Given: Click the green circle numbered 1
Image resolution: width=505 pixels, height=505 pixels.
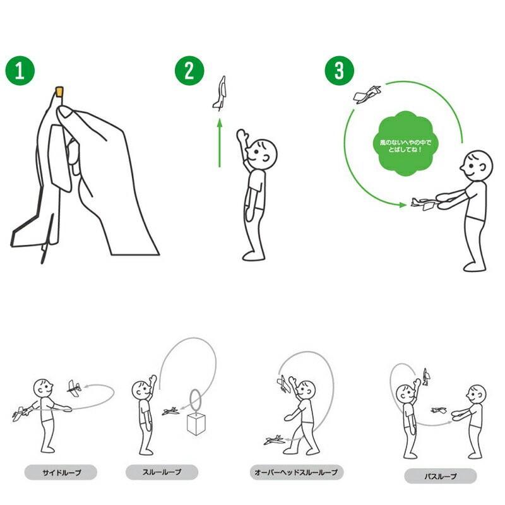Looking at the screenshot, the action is click(x=20, y=71).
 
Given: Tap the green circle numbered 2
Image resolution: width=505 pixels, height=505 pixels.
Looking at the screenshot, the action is click(x=189, y=71).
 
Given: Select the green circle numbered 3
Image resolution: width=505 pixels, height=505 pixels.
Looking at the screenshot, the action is click(x=340, y=71).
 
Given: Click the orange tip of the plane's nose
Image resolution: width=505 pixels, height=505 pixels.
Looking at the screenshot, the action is click(x=59, y=92).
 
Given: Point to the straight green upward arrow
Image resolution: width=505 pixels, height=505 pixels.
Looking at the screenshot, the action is click(x=220, y=143).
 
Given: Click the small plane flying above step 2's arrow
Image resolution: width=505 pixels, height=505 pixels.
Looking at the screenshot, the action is click(x=220, y=93).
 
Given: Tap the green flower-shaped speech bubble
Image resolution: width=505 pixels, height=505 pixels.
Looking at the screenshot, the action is click(x=405, y=144).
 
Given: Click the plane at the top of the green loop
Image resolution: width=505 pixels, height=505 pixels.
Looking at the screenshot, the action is click(x=367, y=94).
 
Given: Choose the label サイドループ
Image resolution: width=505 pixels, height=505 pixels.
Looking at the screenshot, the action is click(x=61, y=472).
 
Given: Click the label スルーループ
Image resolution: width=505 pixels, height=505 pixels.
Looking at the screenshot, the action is click(x=162, y=472).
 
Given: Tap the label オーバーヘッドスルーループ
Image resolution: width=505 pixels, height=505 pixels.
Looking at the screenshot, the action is click(x=296, y=472).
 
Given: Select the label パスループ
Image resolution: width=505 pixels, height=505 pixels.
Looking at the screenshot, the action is click(x=440, y=476).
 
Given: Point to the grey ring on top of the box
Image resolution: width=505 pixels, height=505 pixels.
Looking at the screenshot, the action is click(x=195, y=400).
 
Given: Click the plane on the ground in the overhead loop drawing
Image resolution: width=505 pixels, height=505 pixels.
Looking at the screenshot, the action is click(x=275, y=440).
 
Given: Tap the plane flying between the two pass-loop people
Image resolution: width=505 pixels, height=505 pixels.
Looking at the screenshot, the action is click(x=439, y=410).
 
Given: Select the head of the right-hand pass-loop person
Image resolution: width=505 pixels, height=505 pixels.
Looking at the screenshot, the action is click(x=476, y=395).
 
